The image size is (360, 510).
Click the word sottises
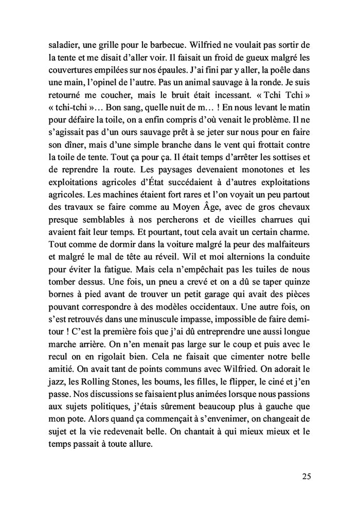287,156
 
